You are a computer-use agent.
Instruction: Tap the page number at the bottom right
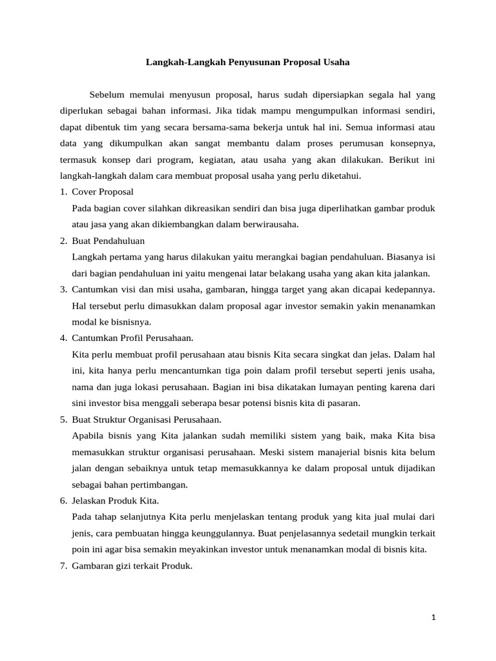pos(433,618)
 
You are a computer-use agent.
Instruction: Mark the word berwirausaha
pos(268,224)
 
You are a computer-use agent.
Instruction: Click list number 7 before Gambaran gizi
pos(63,566)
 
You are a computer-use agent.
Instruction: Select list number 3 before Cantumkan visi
pos(63,289)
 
